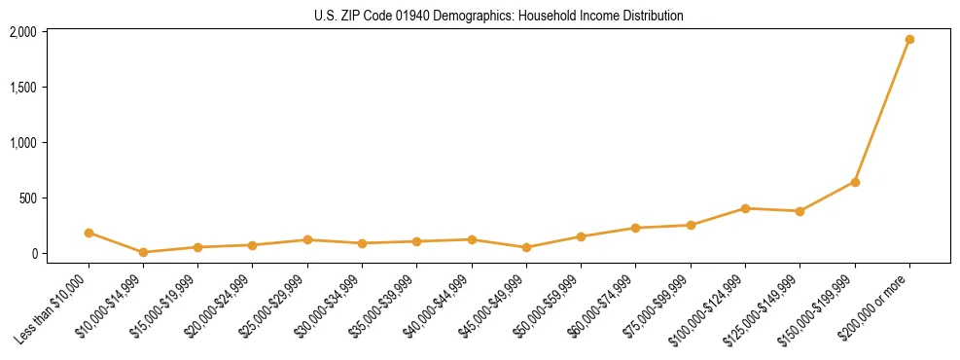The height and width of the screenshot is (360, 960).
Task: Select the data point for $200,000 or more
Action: tap(909, 40)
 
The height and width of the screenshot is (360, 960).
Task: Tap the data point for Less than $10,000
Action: tap(89, 233)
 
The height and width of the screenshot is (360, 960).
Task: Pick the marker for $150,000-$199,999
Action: tap(855, 182)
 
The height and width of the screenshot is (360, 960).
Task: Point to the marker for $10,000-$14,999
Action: tap(143, 252)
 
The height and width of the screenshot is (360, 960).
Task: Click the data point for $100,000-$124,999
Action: tap(745, 208)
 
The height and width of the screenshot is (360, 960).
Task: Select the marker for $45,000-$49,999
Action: tap(526, 247)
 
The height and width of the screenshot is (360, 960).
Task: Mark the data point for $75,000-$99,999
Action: tap(691, 225)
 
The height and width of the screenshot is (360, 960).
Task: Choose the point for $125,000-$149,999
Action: tap(800, 211)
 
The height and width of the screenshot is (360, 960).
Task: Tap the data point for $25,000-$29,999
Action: tap(307, 239)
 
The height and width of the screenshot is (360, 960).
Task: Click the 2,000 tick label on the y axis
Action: tap(22, 32)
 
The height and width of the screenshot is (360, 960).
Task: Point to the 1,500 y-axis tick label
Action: tap(22, 88)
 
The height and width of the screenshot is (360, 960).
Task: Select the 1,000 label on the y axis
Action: tap(22, 143)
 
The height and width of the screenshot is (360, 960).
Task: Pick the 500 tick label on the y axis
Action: tap(26, 198)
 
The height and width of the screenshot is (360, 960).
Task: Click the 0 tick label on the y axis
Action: tap(32, 254)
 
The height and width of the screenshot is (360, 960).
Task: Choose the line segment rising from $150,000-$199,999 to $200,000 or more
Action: tap(882, 111)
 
